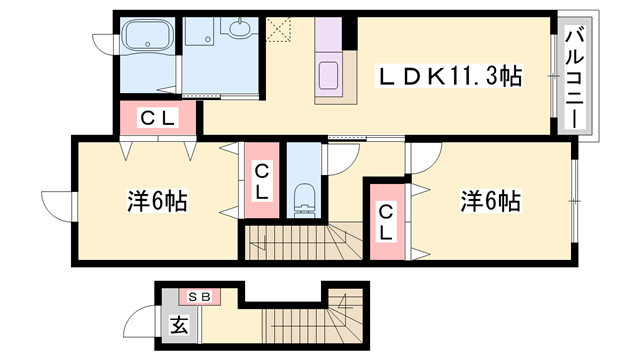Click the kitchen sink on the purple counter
(329, 74)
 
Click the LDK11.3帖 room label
(449, 76)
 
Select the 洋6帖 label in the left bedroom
(157, 200)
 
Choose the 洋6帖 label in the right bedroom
(490, 200)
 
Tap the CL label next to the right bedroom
(385, 222)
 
